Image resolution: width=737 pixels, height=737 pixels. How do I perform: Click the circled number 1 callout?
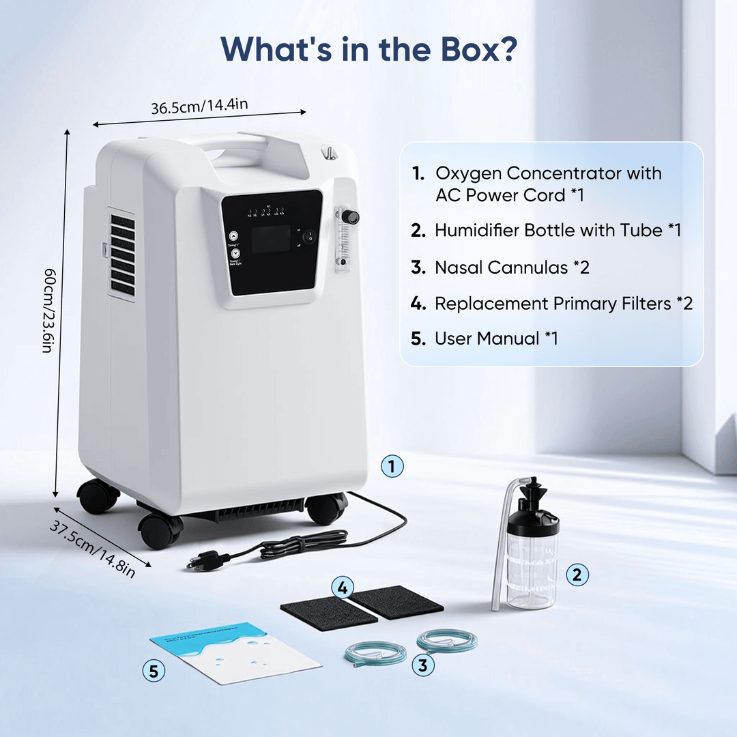click(392, 467)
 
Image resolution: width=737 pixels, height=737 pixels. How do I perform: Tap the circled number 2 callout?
click(577, 575)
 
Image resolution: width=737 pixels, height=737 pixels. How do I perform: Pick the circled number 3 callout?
click(423, 665)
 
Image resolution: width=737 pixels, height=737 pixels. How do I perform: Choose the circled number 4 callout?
click(344, 587)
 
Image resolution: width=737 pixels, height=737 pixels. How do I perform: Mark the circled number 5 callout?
click(154, 671)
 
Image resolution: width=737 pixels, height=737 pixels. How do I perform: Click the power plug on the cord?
click(207, 560)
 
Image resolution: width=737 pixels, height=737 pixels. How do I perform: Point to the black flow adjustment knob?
click(350, 218)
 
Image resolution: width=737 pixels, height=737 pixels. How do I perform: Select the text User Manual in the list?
click(486, 338)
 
